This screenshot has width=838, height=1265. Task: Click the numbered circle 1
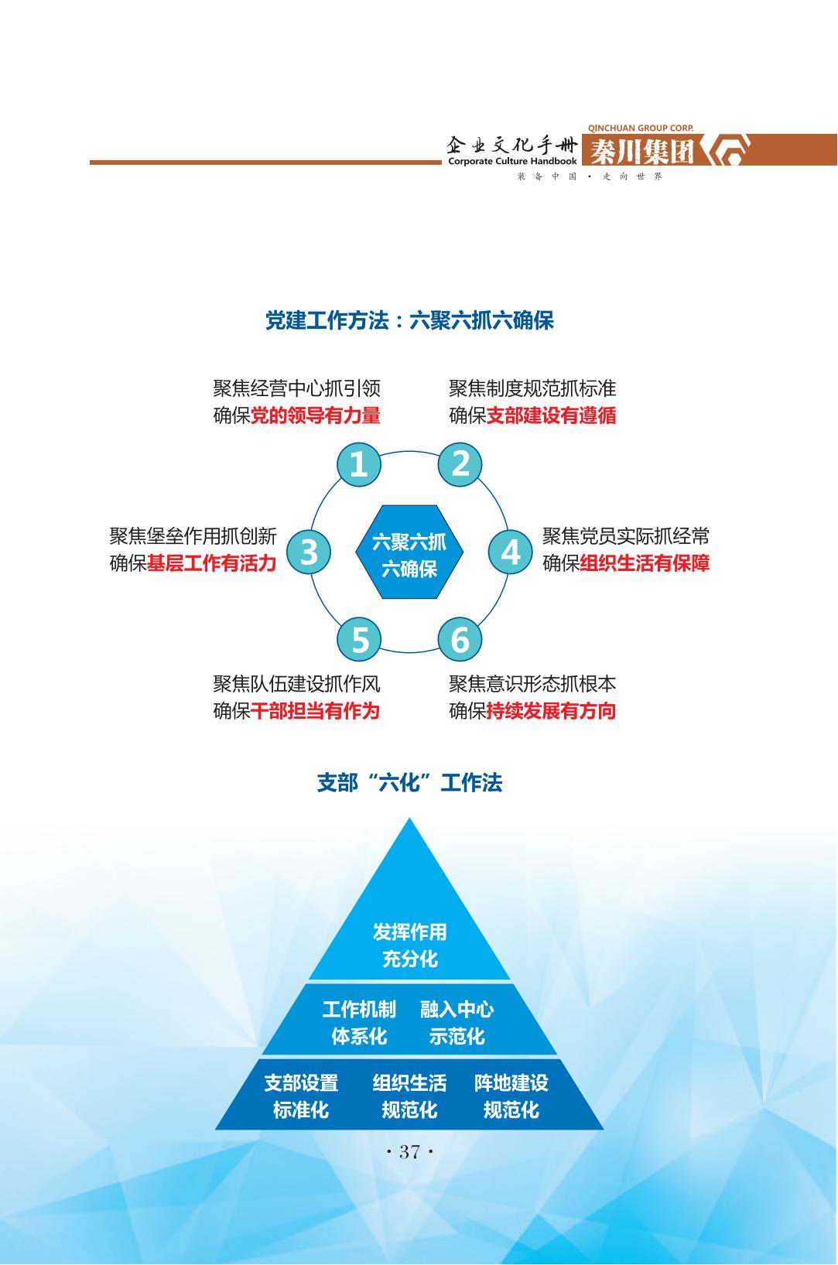click(358, 464)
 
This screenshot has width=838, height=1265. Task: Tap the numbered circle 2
click(460, 464)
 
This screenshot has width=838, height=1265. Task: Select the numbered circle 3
click(309, 552)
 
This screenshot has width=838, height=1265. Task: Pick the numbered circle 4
click(511, 552)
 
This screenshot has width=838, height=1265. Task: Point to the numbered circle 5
click(360, 640)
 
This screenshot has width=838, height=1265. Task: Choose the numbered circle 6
click(460, 640)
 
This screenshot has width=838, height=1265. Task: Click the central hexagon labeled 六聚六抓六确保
click(409, 552)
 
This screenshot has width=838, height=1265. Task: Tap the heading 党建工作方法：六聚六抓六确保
click(409, 320)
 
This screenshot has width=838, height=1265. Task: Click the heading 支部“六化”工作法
click(409, 783)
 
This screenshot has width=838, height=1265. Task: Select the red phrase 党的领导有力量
click(316, 415)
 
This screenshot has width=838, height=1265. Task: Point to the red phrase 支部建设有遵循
click(551, 415)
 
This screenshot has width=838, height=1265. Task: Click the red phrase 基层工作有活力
click(211, 563)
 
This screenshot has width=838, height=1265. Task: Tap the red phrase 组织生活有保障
click(645, 563)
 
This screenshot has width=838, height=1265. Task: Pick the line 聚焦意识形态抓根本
click(532, 684)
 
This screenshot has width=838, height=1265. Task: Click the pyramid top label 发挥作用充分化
click(409, 945)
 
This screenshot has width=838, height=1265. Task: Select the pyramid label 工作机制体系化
click(359, 1023)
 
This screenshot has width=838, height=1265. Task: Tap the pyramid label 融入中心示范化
click(457, 1023)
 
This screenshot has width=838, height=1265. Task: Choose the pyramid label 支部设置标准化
click(301, 1096)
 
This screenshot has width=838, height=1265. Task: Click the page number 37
click(409, 1152)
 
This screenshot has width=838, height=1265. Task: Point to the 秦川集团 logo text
click(642, 152)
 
